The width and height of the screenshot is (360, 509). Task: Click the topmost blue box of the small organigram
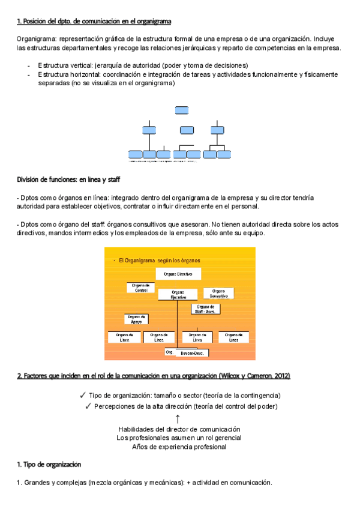click(182, 110)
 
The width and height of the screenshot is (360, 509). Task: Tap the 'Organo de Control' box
click(141, 288)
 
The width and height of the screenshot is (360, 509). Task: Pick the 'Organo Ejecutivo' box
click(178, 294)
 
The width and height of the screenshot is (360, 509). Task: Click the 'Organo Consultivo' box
click(218, 293)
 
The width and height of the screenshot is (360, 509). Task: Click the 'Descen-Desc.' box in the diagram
click(191, 354)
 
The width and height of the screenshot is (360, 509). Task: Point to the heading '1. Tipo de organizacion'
click(49, 465)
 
